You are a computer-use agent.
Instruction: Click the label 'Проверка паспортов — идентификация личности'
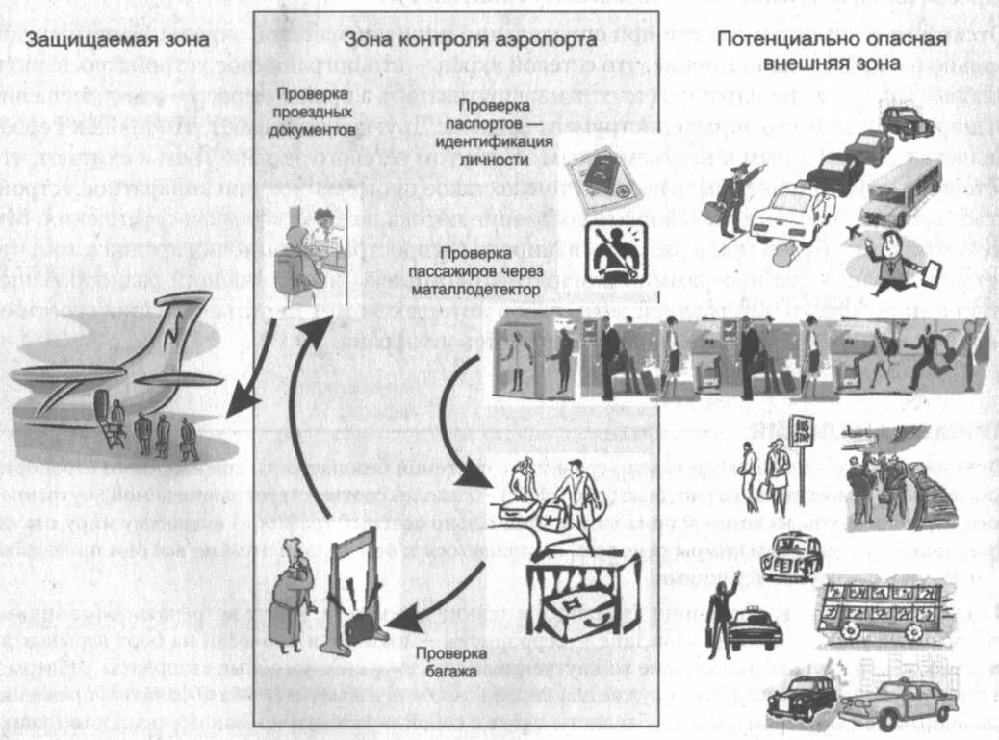click(x=505, y=132)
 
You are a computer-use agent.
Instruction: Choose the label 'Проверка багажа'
click(x=446, y=661)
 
